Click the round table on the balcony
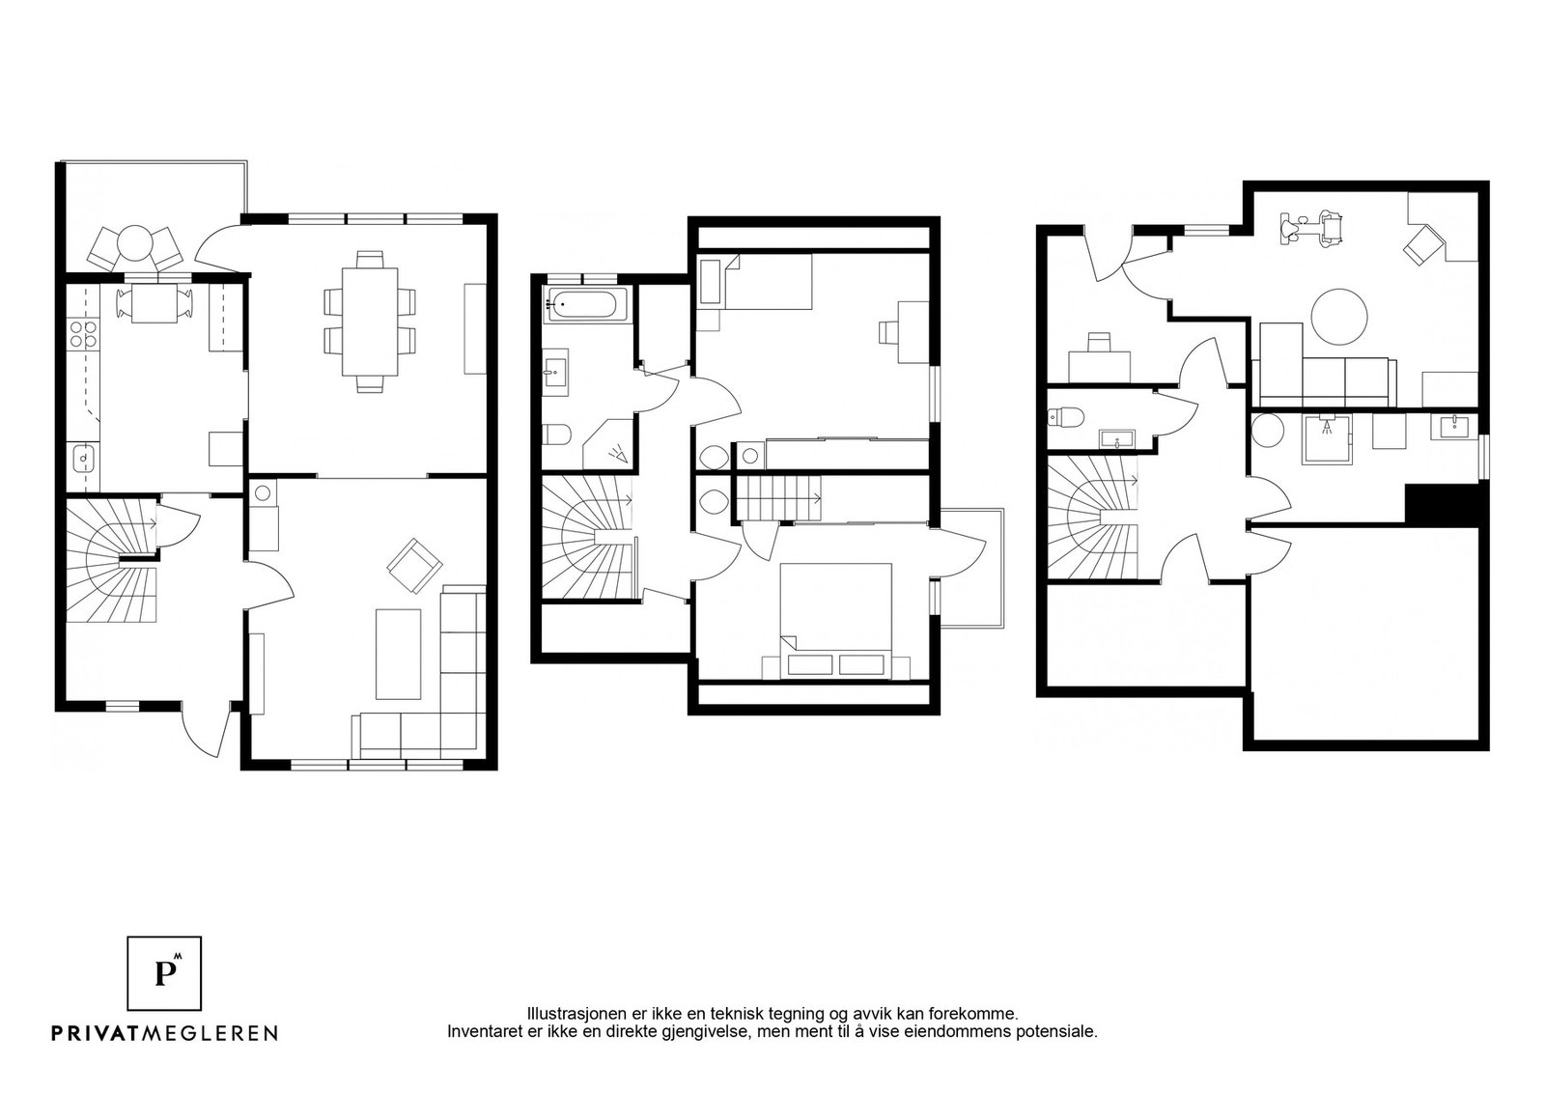135,242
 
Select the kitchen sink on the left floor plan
83,458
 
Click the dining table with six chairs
371,322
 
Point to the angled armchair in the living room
414,566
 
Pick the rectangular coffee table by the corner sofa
398,654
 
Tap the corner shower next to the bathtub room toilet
609,443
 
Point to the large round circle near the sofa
1338,317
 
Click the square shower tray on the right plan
1327,439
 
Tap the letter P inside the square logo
164,973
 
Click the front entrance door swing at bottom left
207,732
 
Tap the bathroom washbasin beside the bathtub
555,373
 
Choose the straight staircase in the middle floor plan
780,498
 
